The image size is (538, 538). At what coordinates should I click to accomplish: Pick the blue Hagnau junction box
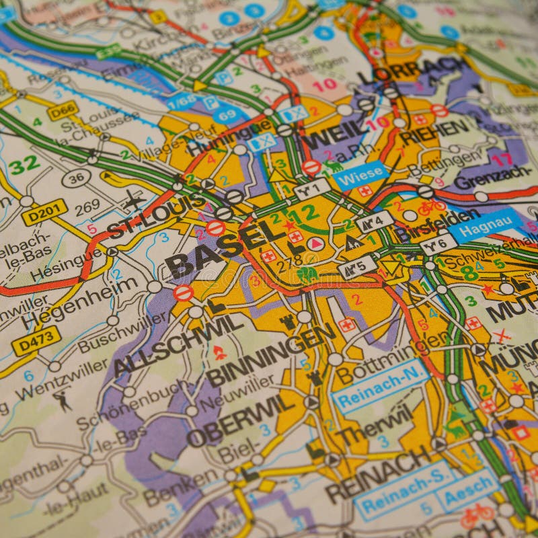point(486,225)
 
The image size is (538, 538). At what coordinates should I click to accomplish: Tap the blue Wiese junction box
point(360,176)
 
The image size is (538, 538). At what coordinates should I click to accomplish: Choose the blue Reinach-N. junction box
point(381,386)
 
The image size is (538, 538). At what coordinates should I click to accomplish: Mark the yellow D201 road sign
point(44,212)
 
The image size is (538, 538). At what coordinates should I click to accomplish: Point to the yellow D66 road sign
point(63,111)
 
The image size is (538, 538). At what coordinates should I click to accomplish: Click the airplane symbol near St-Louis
point(134,200)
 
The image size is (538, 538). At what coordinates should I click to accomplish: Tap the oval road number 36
point(76,179)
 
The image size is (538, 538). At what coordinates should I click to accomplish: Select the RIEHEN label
point(434,131)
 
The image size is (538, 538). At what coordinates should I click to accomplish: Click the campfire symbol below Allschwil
point(219,352)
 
